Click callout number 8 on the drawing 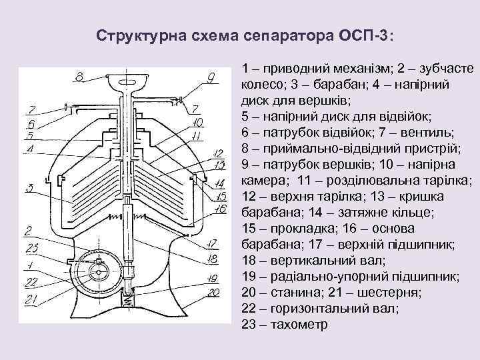point(79,78)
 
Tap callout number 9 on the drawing point(210,78)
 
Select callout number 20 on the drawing point(213,292)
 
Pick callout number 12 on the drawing point(218,153)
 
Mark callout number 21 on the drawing point(31,300)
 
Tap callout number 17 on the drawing point(213,243)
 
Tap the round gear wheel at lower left point(99,273)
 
